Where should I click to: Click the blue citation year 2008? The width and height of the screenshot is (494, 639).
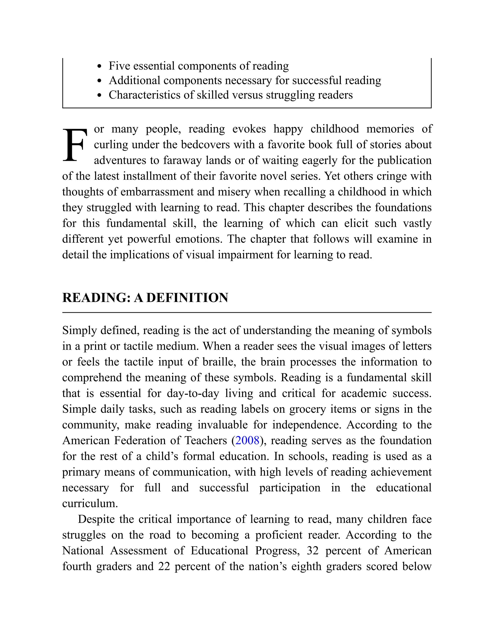pyautogui.click(x=247, y=440)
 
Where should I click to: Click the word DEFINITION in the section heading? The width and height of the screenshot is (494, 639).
pyautogui.click(x=187, y=298)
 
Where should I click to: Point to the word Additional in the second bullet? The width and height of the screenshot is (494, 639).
pyautogui.click(x=134, y=81)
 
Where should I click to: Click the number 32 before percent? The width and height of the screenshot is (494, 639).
pyautogui.click(x=313, y=551)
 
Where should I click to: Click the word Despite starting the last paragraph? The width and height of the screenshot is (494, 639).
pyautogui.click(x=96, y=519)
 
